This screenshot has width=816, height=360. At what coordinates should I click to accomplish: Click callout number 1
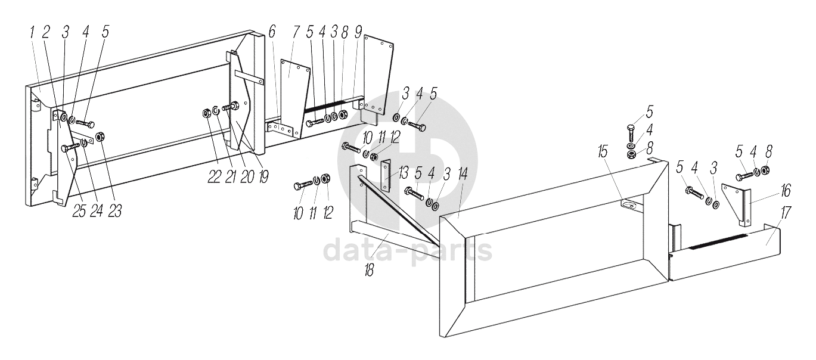pyautogui.click(x=33, y=33)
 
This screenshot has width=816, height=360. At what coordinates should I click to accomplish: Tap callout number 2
pyautogui.click(x=46, y=33)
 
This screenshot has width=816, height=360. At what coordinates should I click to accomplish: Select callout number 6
pyautogui.click(x=272, y=33)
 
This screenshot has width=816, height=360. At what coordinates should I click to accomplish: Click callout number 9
pyautogui.click(x=358, y=33)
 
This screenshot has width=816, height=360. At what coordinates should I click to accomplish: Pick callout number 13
pyautogui.click(x=404, y=173)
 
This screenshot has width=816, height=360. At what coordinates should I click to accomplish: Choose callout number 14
pyautogui.click(x=463, y=173)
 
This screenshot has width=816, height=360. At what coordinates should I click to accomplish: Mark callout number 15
pyautogui.click(x=603, y=152)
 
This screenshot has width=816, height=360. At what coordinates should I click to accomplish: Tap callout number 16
pyautogui.click(x=786, y=191)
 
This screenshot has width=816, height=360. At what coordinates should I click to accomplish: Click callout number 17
pyautogui.click(x=786, y=213)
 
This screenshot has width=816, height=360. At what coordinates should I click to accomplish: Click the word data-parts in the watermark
pyautogui.click(x=408, y=251)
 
